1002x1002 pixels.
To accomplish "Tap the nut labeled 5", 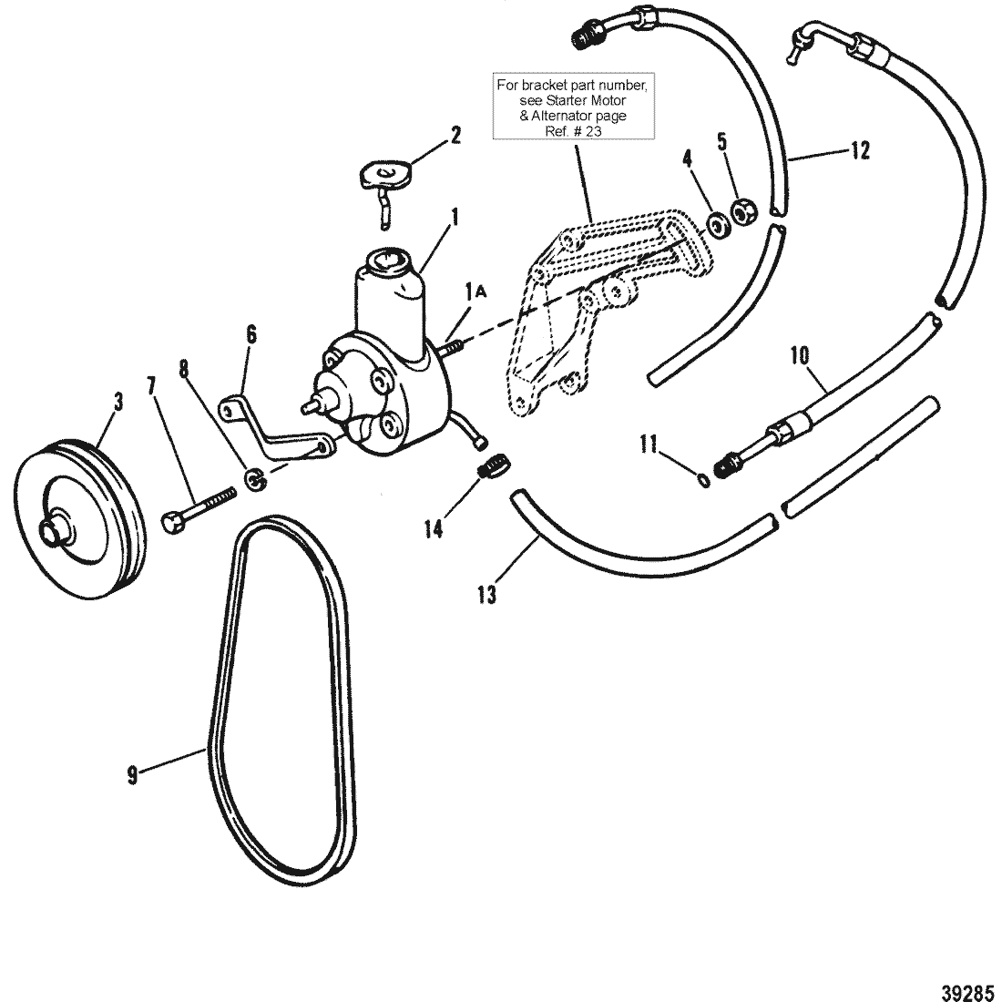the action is pyautogui.click(x=743, y=212).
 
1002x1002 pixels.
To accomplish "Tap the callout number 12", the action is pyautogui.click(x=859, y=151).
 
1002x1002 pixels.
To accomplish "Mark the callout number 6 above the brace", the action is pyautogui.click(x=251, y=335).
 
